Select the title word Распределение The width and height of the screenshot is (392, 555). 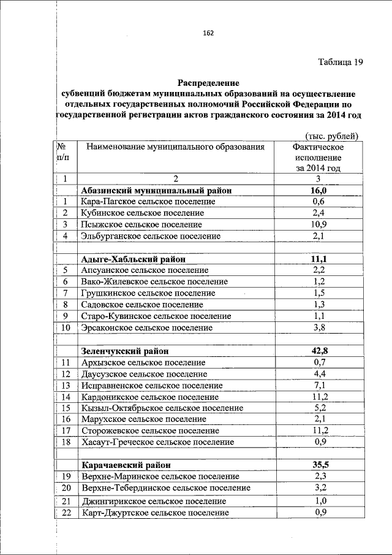click(x=209, y=82)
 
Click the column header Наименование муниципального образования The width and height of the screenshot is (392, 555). click(x=175, y=147)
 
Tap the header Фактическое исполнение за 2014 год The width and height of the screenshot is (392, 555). click(x=318, y=158)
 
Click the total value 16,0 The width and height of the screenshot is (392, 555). click(x=318, y=191)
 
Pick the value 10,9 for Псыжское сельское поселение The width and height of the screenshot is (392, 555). click(x=318, y=224)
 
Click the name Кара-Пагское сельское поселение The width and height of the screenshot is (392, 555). click(x=142, y=202)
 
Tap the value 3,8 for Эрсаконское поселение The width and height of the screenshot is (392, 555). click(x=318, y=327)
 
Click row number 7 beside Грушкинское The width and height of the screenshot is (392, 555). click(x=65, y=293)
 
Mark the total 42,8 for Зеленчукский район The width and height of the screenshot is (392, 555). click(x=318, y=351)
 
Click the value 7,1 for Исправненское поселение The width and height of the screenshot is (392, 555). click(x=318, y=385)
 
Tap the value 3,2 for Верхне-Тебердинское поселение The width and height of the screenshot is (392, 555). click(x=318, y=488)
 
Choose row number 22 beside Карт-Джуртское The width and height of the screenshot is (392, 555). click(x=67, y=513)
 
